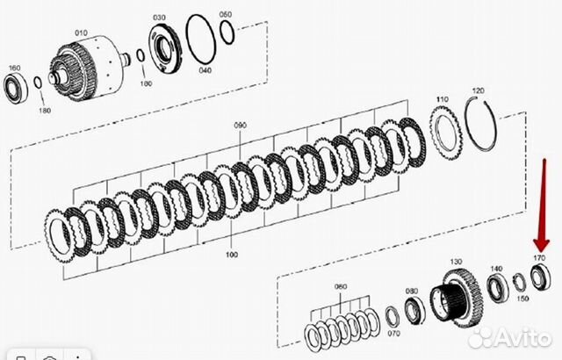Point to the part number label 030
(158, 17)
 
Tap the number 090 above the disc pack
(241, 126)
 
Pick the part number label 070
(393, 333)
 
